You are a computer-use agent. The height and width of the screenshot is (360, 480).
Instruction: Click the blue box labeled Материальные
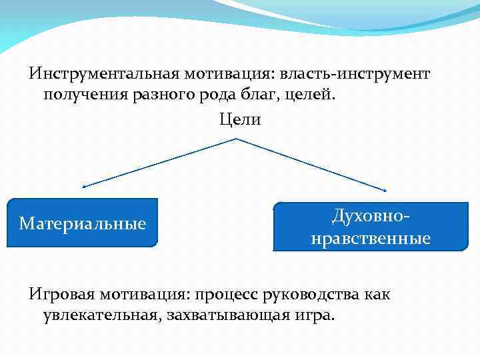coord(83,223)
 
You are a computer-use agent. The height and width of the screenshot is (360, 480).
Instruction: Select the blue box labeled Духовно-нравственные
coord(371,227)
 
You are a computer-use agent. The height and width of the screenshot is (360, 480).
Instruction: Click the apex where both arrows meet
coord(237,139)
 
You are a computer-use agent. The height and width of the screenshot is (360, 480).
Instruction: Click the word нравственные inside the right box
coord(371,238)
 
